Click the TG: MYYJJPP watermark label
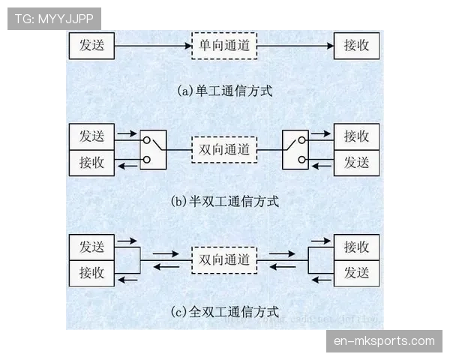[53, 17]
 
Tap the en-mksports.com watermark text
[383, 341]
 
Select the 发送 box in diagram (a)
[91, 46]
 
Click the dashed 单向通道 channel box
[224, 46]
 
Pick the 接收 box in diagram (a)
[356, 46]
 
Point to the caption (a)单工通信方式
[224, 91]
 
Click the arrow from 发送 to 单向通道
[154, 46]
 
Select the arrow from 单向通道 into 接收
[295, 46]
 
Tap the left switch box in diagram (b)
[153, 149]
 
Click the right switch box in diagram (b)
[295, 149]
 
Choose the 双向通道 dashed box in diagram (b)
[224, 149]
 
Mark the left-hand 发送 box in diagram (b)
[91, 136]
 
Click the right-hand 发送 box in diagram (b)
[356, 162]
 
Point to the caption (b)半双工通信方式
[224, 201]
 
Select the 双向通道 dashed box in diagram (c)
[224, 259]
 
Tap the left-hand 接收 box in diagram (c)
[91, 272]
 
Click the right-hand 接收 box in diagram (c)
[356, 247]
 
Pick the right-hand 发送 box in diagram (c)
[356, 272]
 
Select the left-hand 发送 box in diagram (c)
[91, 247]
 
